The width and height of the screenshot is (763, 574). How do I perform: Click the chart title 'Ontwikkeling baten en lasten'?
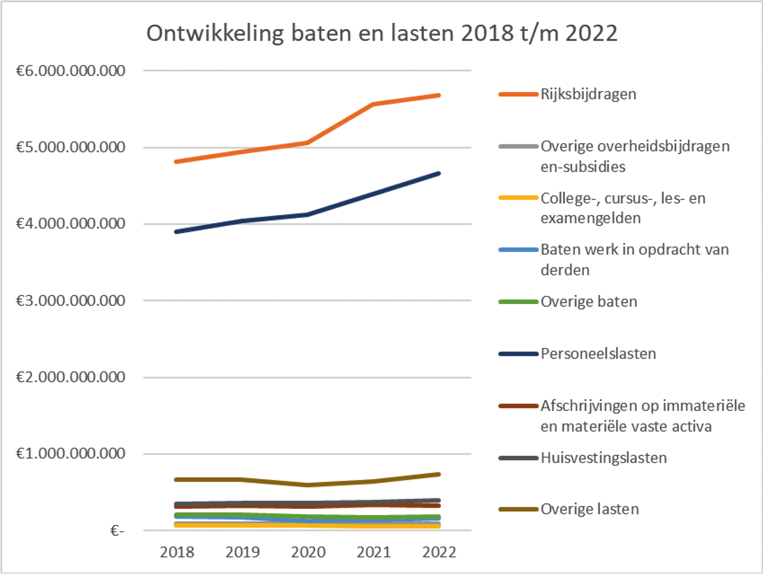point(382,33)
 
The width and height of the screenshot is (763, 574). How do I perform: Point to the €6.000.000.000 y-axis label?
point(70,71)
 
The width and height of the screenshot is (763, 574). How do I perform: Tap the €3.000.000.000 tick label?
point(70,300)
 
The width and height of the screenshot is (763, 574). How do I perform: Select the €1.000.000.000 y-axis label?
point(70,454)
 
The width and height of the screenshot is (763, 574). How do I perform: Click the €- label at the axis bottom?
point(117,531)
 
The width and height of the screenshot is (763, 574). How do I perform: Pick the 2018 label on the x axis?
point(177,552)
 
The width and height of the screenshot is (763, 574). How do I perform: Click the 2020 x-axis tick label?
point(308,552)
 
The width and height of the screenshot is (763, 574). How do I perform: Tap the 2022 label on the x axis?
point(439,552)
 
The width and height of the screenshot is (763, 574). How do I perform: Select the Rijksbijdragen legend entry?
point(588,94)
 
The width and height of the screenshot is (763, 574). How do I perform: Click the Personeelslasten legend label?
point(598,354)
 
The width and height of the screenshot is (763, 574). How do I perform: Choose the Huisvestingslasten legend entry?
point(603,458)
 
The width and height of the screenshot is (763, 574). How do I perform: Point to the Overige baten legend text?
point(589,302)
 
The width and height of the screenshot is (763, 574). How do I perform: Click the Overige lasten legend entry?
point(589,509)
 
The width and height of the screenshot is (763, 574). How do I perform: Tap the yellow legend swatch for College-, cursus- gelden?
point(518,198)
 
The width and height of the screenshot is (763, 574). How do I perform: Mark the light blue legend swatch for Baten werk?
point(518,250)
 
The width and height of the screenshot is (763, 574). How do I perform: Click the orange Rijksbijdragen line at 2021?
point(374,104)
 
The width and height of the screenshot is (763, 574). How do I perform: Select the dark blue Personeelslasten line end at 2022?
point(439,174)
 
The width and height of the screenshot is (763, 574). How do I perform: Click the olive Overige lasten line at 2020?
point(308,485)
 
